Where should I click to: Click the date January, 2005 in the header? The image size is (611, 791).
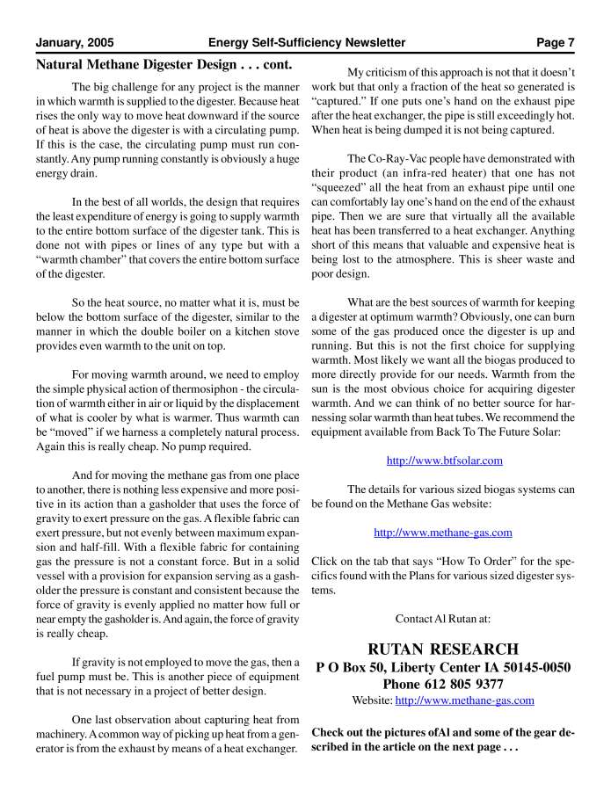point(75,42)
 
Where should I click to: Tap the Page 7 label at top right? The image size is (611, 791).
point(556,42)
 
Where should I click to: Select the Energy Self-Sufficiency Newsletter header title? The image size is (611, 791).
point(307,42)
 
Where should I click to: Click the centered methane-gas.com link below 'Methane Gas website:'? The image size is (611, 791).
point(443,532)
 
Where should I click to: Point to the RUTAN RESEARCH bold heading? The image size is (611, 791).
point(443,649)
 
